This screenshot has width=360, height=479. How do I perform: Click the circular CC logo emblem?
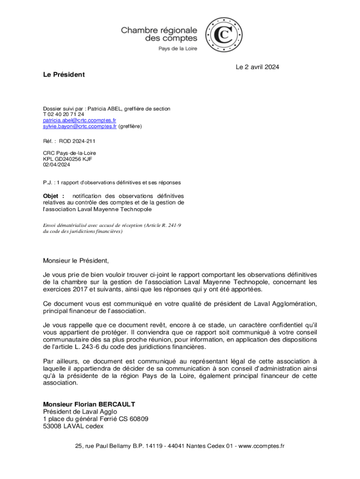(x=224, y=35)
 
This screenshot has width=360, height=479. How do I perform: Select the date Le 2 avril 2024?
(x=257, y=67)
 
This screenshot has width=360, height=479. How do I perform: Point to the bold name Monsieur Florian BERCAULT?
(x=89, y=404)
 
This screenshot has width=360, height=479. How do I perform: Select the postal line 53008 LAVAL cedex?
(x=73, y=426)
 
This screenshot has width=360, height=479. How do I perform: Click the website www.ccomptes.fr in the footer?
(x=261, y=446)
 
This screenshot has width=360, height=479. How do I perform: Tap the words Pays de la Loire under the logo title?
(x=177, y=48)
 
